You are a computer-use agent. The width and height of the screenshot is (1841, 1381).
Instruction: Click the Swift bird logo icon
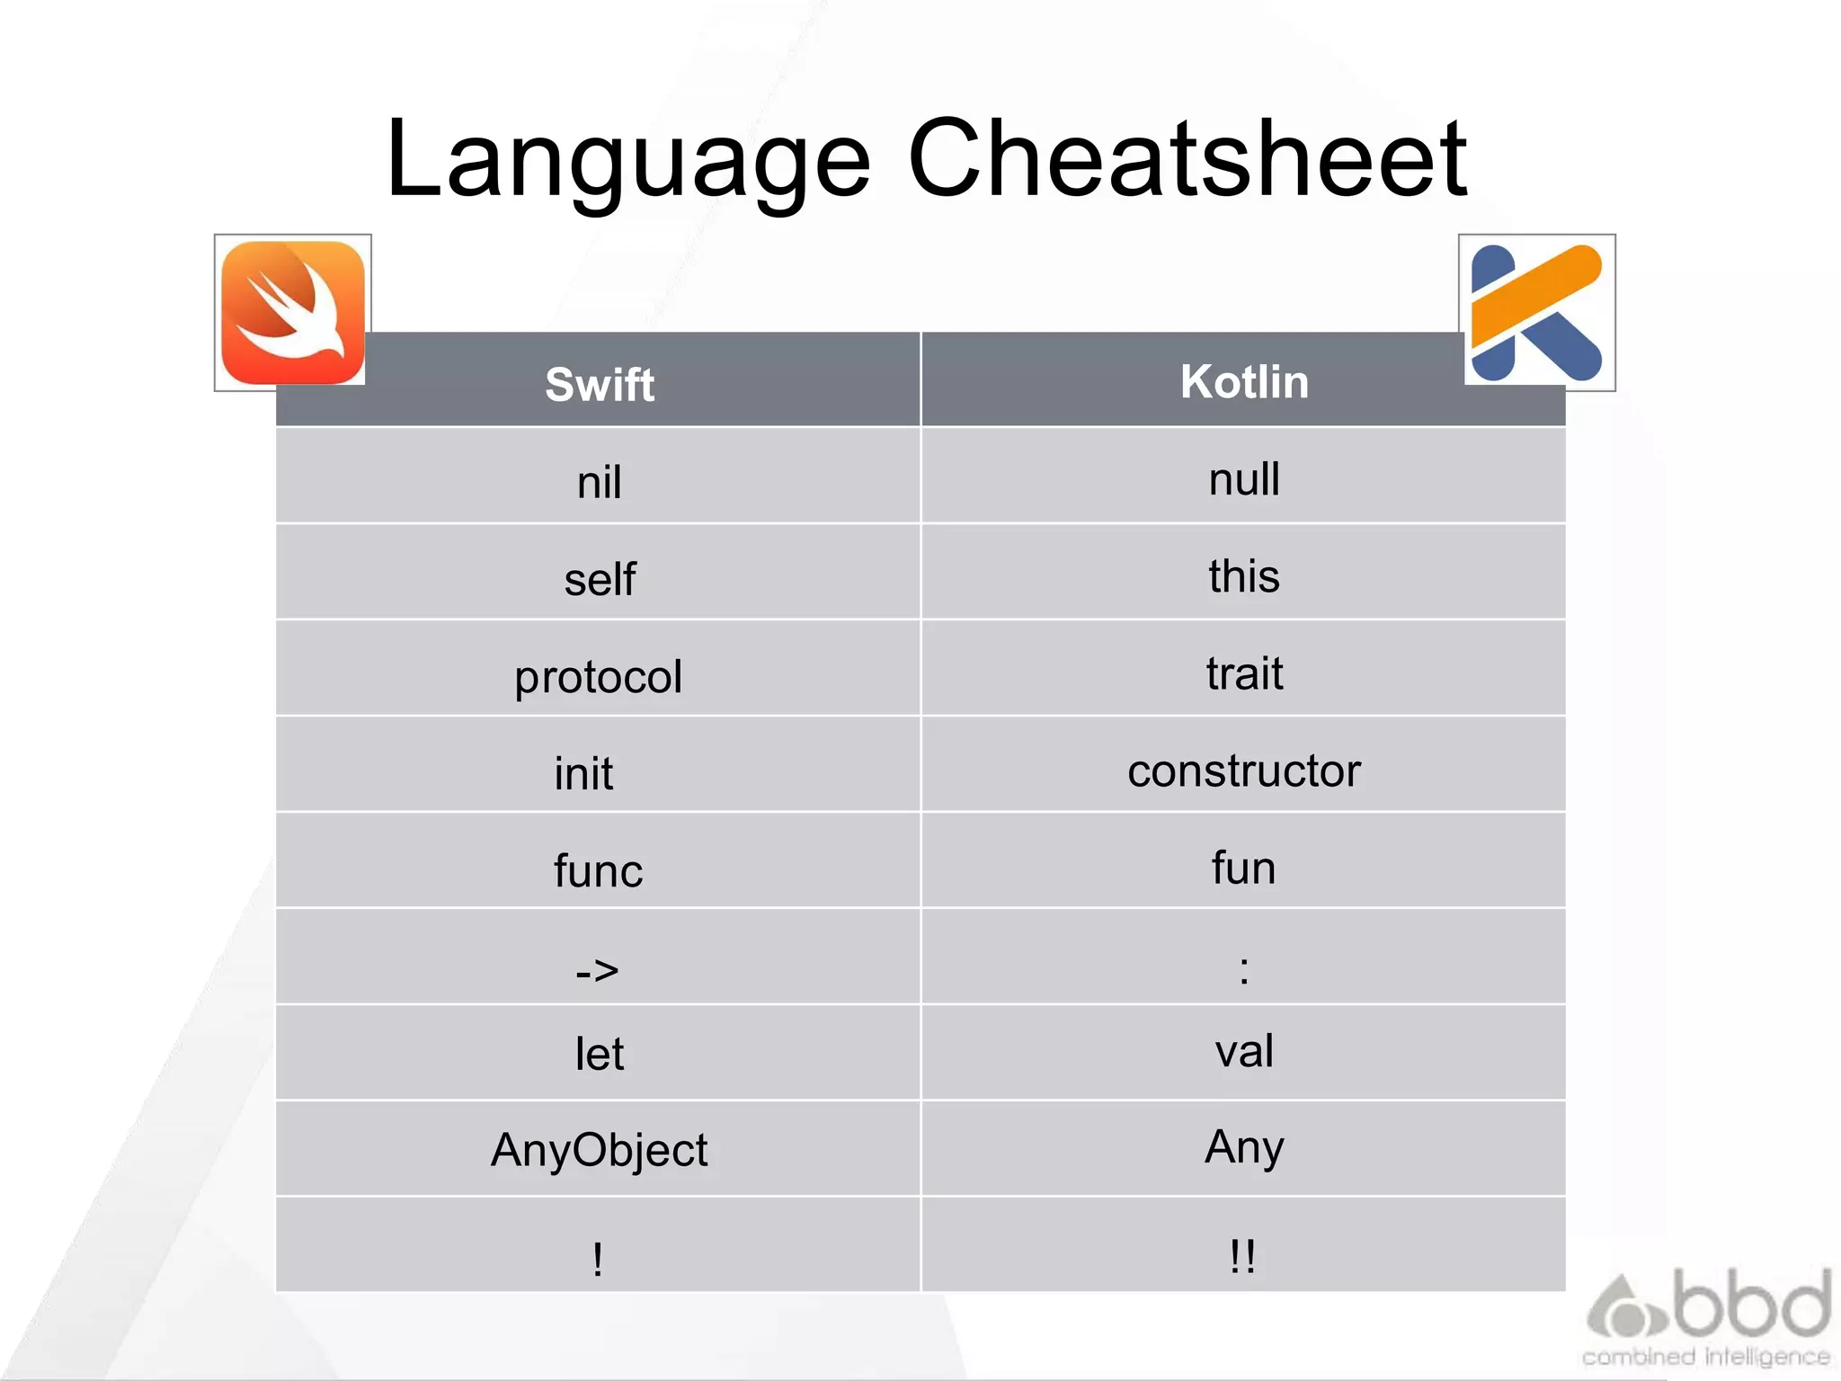(292, 313)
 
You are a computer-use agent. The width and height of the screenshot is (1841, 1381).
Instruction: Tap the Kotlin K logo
(1536, 313)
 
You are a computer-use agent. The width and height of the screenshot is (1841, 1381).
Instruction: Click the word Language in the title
(628, 159)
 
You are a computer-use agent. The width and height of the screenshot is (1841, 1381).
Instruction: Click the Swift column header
(600, 385)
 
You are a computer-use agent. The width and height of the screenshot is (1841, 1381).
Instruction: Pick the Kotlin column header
(1244, 381)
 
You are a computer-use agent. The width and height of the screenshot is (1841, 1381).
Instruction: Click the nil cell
(600, 482)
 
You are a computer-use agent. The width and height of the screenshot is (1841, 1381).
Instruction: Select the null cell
(1244, 478)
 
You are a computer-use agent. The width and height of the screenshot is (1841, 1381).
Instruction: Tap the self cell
(600, 579)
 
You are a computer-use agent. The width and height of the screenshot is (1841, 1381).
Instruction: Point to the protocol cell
(599, 676)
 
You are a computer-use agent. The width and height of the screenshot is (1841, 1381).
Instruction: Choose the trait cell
(1244, 673)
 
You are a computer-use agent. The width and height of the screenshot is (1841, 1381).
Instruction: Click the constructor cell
(1244, 771)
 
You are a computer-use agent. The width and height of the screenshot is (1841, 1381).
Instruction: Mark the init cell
(583, 773)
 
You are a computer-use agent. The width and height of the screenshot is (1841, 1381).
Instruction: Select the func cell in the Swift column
(599, 870)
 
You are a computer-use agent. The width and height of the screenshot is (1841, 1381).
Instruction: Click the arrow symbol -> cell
(598, 970)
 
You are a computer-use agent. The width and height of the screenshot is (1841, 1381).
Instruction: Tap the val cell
(1244, 1050)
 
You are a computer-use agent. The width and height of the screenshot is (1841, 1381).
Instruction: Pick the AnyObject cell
(600, 1150)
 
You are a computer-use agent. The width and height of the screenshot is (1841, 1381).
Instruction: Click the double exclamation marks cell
(1242, 1255)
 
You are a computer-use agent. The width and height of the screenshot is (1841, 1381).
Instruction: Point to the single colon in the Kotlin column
(1244, 970)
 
